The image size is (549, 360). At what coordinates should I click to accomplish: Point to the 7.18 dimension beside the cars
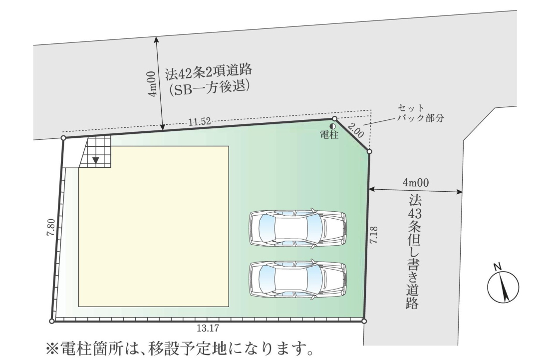(378, 236)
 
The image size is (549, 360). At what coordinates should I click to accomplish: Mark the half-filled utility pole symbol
(331, 126)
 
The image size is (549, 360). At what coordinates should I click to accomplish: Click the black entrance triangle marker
(96, 160)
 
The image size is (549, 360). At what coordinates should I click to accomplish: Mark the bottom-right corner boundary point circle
(364, 321)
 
